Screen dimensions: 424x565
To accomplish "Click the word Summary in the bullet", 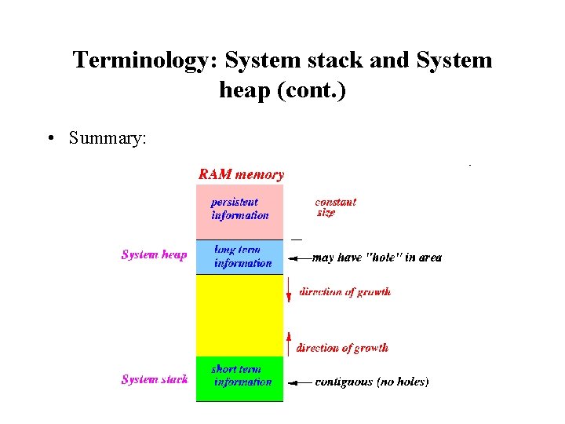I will point(107,138).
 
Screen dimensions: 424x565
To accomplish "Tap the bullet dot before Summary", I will point(51,139).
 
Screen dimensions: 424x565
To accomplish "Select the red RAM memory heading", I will point(241,174).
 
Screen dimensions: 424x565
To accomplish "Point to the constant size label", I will point(335,207).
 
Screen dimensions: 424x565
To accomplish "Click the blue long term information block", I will point(239,257).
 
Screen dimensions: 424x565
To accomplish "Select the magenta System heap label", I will point(154,254).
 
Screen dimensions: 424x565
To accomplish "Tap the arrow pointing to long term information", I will point(300,258).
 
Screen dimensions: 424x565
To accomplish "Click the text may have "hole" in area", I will point(377,258).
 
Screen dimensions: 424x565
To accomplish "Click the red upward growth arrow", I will point(289,342).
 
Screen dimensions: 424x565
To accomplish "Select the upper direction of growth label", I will point(344,292).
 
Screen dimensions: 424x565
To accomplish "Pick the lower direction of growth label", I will point(342,348).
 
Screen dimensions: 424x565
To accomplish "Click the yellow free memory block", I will point(239,315).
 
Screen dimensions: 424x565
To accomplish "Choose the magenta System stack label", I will point(154,380).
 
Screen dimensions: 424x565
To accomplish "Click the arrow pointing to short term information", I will point(300,382).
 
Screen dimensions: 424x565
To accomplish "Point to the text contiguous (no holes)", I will point(372,382).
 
